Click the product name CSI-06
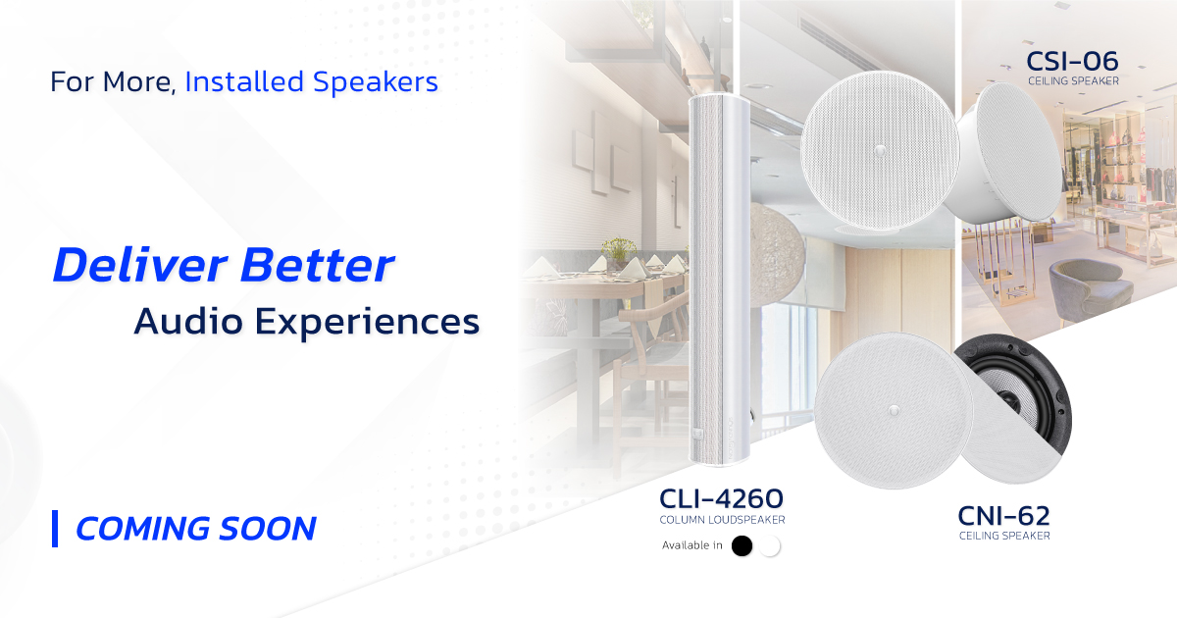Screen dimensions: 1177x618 [1072, 62]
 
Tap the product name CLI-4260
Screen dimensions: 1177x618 [722, 498]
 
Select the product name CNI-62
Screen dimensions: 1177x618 [1003, 516]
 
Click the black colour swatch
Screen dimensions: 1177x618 [742, 545]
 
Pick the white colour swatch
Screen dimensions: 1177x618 [770, 545]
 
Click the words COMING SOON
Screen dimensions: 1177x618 [196, 529]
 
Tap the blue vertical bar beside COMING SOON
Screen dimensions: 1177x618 [55, 529]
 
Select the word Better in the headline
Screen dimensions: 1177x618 [318, 266]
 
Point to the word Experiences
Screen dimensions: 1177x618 [367, 322]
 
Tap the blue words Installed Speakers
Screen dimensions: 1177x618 [312, 82]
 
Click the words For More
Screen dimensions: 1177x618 [113, 82]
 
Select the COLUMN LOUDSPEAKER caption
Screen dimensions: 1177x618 [723, 520]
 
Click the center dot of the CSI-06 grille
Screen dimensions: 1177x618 [880, 151]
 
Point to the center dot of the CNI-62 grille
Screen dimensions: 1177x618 [894, 410]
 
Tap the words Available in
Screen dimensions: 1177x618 [692, 545]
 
